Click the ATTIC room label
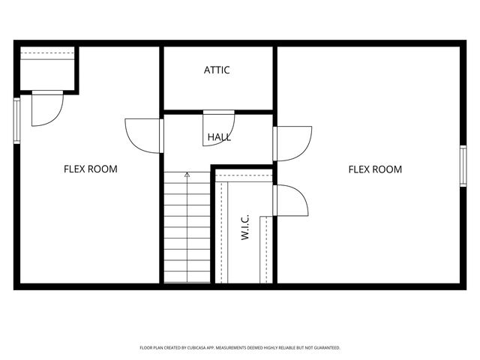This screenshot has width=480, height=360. click(x=217, y=70)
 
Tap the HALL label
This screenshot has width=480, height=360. click(x=220, y=137)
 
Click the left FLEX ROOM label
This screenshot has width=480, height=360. click(x=90, y=169)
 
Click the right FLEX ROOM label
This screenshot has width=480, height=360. click(x=375, y=169)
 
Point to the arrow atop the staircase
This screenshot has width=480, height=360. click(x=187, y=175)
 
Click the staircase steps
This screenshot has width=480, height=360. click(x=187, y=232)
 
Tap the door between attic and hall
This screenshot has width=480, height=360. click(x=218, y=120)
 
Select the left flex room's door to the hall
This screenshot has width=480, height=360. click(x=142, y=136)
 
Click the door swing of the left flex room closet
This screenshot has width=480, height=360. click(x=46, y=109)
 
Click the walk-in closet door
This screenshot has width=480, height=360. click(x=291, y=202)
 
